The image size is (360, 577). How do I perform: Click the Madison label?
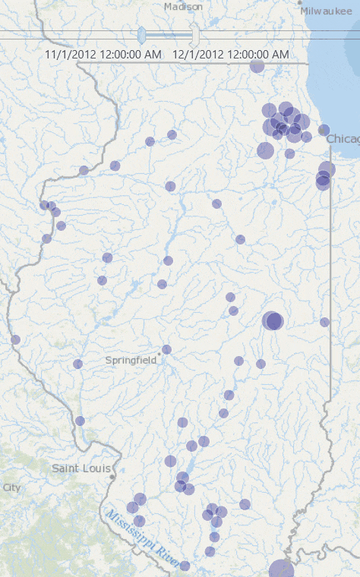tap(184, 7)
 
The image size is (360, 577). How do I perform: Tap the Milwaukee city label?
tap(326, 11)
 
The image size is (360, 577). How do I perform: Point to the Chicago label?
tap(343, 138)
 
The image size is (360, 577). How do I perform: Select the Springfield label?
tap(131, 360)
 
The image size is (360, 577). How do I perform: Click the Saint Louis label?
tap(81, 468)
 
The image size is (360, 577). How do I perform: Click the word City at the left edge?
tap(11, 487)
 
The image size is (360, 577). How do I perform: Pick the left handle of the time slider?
tap(141, 35)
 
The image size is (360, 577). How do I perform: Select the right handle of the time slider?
tap(194, 35)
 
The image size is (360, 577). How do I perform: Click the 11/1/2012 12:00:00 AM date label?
tap(103, 55)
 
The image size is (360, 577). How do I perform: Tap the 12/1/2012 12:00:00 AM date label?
tap(230, 55)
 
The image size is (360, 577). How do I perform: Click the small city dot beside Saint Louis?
tap(112, 478)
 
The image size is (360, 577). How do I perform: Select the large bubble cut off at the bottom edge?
tap(282, 569)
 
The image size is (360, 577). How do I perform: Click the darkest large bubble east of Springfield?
tap(273, 321)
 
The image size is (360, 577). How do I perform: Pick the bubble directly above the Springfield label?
tap(166, 349)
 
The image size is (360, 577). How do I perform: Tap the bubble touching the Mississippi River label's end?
tap(185, 566)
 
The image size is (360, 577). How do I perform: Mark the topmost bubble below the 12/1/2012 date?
tap(257, 66)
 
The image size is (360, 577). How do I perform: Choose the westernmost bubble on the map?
tap(15, 339)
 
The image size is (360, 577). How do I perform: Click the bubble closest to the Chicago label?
tap(324, 130)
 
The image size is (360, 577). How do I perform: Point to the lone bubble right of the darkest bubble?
tap(324, 322)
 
